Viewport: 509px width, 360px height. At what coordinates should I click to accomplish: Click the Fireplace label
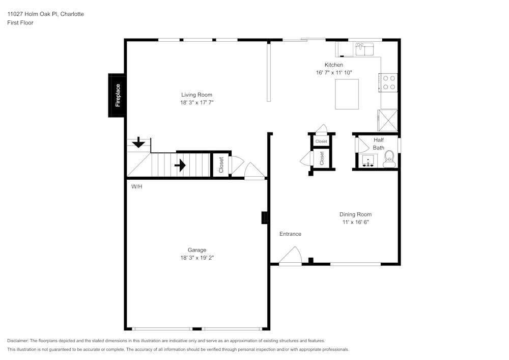(118, 95)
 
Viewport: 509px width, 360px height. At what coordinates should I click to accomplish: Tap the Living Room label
(196, 95)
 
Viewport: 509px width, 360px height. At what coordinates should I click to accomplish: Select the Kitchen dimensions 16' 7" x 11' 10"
(334, 73)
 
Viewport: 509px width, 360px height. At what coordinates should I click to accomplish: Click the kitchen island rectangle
(347, 94)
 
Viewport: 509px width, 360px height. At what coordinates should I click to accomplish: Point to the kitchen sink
(364, 49)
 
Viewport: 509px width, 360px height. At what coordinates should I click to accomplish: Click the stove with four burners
(389, 82)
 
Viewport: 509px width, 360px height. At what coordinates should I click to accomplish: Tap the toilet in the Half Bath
(389, 158)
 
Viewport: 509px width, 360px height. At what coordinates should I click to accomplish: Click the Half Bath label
(378, 144)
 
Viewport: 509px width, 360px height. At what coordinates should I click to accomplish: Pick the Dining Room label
(355, 214)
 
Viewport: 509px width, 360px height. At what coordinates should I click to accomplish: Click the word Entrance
(290, 234)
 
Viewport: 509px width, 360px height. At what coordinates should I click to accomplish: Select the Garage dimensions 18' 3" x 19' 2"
(196, 258)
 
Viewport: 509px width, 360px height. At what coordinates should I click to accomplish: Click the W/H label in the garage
(137, 187)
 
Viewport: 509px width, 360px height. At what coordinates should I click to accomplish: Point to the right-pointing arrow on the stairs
(180, 165)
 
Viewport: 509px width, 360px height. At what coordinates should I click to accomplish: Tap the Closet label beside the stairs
(221, 165)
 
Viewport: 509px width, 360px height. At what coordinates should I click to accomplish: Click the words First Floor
(20, 23)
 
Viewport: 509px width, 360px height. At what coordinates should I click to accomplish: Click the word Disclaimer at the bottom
(18, 341)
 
